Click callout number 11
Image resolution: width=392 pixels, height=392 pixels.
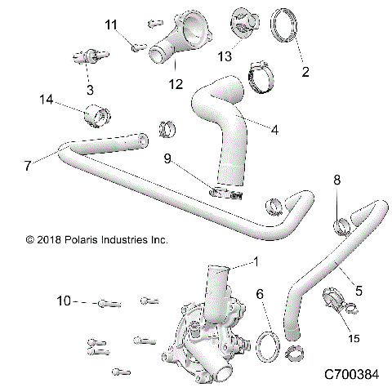pos(111,24)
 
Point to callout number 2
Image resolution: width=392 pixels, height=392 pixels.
pos(305,72)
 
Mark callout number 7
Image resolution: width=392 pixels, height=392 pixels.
pos(29,164)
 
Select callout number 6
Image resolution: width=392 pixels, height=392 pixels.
pos(259,294)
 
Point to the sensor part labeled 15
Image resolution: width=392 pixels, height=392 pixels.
pos(335,301)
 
